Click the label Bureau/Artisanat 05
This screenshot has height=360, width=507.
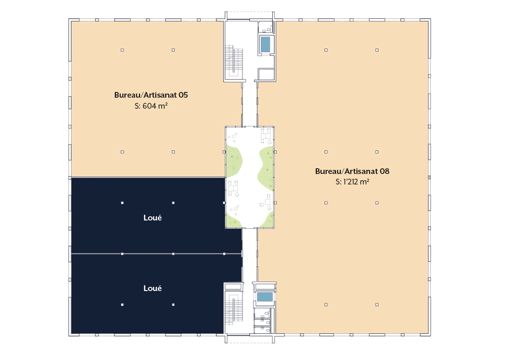[151, 95]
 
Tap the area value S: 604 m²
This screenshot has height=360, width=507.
[151, 106]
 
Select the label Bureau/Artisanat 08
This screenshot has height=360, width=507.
[352, 171]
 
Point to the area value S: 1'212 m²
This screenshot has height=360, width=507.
[352, 182]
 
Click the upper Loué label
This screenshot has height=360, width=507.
[153, 218]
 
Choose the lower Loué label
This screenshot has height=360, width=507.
[153, 288]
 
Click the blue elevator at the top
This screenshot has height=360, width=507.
[266, 44]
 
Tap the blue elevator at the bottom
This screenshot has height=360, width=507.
[265, 297]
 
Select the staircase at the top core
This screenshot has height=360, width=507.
[234, 61]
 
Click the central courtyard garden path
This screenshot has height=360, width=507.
[250, 178]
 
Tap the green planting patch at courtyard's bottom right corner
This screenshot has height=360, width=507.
[268, 220]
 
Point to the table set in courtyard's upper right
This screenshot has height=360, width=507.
[266, 136]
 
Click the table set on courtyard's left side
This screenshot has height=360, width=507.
[233, 189]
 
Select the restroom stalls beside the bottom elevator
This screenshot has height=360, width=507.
[264, 320]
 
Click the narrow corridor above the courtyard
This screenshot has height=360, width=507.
[250, 103]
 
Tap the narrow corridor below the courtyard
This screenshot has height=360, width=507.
[250, 256]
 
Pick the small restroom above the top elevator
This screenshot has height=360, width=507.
[266, 27]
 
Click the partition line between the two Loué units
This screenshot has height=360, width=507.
[156, 254]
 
